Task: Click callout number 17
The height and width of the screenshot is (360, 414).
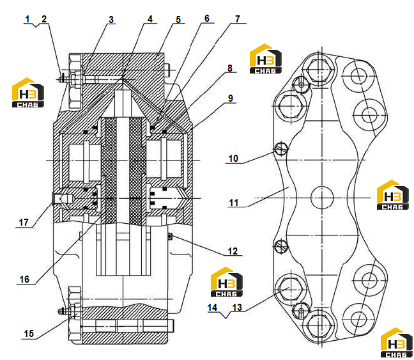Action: (x=24, y=223)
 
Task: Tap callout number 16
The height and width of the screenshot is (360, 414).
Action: (x=24, y=279)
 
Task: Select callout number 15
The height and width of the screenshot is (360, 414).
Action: (x=29, y=334)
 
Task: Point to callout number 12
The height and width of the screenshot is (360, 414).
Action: (x=233, y=251)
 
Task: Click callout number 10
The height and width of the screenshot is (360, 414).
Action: (x=233, y=159)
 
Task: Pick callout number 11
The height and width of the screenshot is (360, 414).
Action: (x=234, y=203)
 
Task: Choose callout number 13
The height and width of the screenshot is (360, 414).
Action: (x=237, y=308)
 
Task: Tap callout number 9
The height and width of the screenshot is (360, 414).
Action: (x=231, y=98)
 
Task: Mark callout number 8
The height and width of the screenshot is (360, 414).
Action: (x=230, y=68)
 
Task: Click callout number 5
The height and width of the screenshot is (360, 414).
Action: (x=178, y=20)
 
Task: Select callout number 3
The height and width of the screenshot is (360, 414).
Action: (x=111, y=20)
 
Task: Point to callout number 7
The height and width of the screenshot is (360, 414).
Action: (x=238, y=19)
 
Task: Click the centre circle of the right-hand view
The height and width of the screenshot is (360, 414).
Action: (x=322, y=198)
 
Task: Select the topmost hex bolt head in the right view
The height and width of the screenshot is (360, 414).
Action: (x=319, y=70)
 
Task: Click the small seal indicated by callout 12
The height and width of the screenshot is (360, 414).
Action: (x=171, y=235)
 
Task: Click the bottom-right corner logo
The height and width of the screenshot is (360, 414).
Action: (x=397, y=343)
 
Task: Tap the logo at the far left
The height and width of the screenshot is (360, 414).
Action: (x=28, y=93)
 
